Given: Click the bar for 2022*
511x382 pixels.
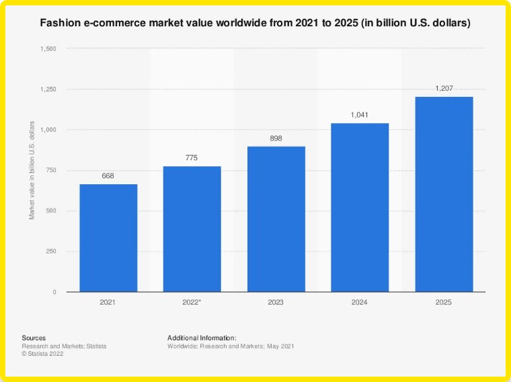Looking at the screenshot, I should point(192,229).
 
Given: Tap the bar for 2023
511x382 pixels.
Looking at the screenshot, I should point(276,219).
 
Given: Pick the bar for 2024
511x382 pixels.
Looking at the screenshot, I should point(360,207).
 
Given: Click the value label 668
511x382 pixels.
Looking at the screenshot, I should point(108,176).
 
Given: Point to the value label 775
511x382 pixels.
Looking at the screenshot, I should point(192,159).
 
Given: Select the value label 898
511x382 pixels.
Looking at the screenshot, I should point(276,139).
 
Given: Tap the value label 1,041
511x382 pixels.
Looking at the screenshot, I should point(360,116).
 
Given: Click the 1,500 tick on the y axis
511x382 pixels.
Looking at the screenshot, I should point(48,48).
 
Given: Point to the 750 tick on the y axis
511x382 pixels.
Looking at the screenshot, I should point(50,170).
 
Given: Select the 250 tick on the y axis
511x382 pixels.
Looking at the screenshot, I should point(50,252).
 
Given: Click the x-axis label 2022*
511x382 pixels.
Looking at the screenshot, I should point(192,303).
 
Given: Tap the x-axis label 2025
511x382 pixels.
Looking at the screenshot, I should point(443,303).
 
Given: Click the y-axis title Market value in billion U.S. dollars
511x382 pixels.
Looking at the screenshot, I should point(32,170).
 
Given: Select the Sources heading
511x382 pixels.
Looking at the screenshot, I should point(34,338).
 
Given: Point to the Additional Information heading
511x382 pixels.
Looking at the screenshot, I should point(202,338).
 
